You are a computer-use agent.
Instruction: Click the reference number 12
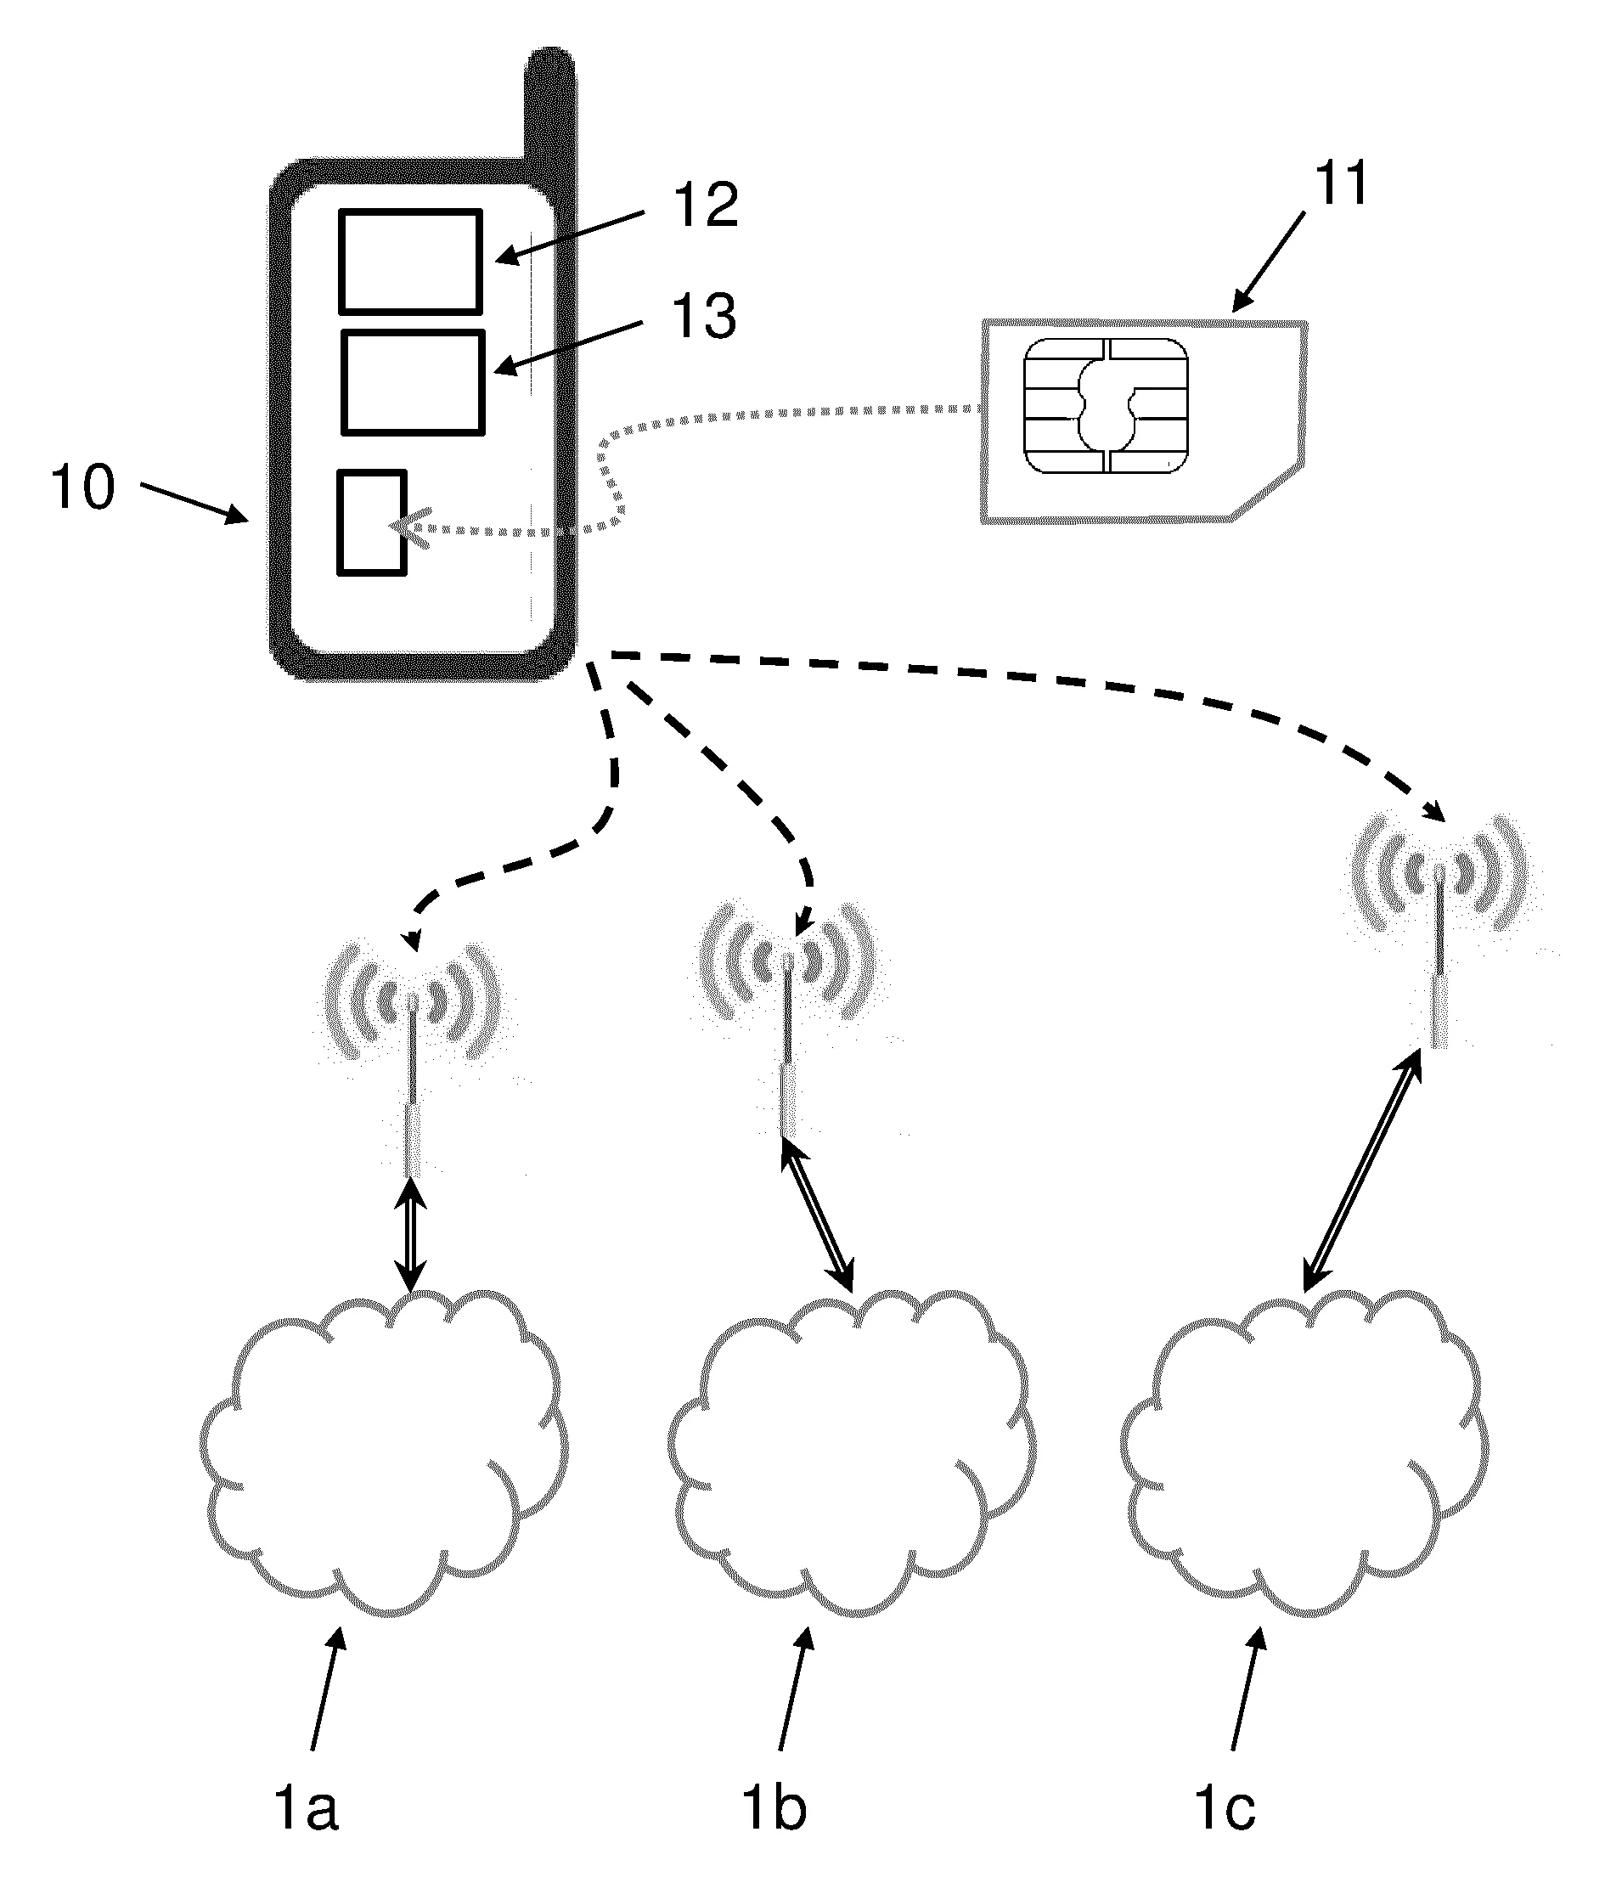pos(705,206)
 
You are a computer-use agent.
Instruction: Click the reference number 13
pos(703,317)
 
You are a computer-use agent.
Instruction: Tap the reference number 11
pos(1341,184)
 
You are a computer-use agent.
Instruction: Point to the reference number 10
pos(83,488)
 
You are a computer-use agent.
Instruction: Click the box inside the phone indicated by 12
pos(410,262)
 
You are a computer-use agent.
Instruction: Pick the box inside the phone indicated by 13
pos(413,382)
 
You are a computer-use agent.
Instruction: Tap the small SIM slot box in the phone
pos(371,521)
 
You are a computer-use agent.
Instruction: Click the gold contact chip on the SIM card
pos(1105,406)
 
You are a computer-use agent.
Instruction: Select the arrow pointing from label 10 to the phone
pos(194,503)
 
